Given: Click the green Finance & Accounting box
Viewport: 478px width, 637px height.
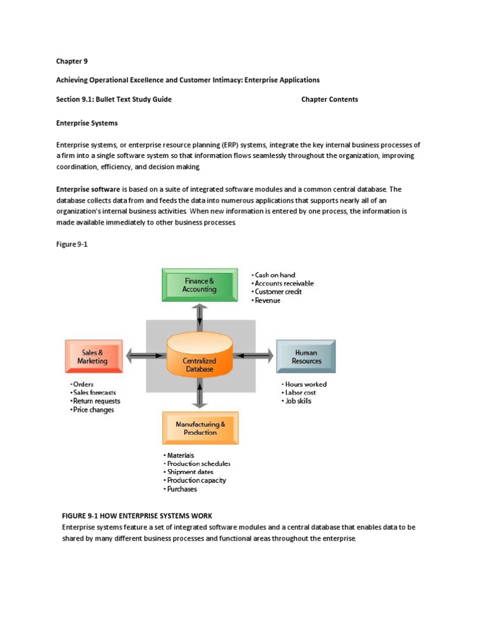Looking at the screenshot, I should (199, 286).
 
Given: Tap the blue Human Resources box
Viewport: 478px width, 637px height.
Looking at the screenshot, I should (306, 356).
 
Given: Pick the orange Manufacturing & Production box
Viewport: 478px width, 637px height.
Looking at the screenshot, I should (200, 428).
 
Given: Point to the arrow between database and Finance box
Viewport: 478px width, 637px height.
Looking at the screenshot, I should (199, 317).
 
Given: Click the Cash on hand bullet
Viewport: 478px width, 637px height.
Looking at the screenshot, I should (274, 275).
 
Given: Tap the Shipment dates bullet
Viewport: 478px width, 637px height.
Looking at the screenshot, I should (190, 472).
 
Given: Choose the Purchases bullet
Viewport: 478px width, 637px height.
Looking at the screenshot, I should (182, 489).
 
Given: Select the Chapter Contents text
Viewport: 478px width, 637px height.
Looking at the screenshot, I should (329, 100).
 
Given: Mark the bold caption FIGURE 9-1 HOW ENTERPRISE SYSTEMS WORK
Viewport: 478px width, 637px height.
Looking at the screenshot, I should (137, 516).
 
